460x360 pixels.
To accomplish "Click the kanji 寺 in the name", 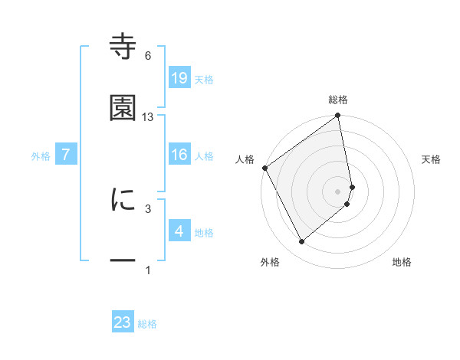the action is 123,47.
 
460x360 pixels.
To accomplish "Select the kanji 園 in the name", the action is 123,108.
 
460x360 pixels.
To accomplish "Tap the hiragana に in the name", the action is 123,199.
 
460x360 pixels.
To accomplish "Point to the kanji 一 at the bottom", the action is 123,260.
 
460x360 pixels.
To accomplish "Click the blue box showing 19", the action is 179,77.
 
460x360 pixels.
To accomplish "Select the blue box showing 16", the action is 179,155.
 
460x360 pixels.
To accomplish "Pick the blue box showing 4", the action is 179,231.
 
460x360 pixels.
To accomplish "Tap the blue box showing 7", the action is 67,155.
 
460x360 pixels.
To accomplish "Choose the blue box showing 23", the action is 123,322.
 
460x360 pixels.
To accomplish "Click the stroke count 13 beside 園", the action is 148,117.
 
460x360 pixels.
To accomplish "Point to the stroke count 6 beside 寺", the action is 148,56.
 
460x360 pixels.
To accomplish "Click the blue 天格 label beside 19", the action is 204,79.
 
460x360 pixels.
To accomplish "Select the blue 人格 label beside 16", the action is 204,156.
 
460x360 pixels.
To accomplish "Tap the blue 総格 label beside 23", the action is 147,324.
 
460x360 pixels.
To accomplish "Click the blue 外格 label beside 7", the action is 41,156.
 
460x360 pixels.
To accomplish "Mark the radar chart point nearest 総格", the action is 338,116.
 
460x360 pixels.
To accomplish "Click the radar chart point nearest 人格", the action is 264,168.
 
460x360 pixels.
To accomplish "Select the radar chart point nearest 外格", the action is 301,242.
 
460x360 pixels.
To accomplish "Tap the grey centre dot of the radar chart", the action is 338,190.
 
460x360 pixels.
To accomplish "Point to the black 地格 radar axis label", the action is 402,262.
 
